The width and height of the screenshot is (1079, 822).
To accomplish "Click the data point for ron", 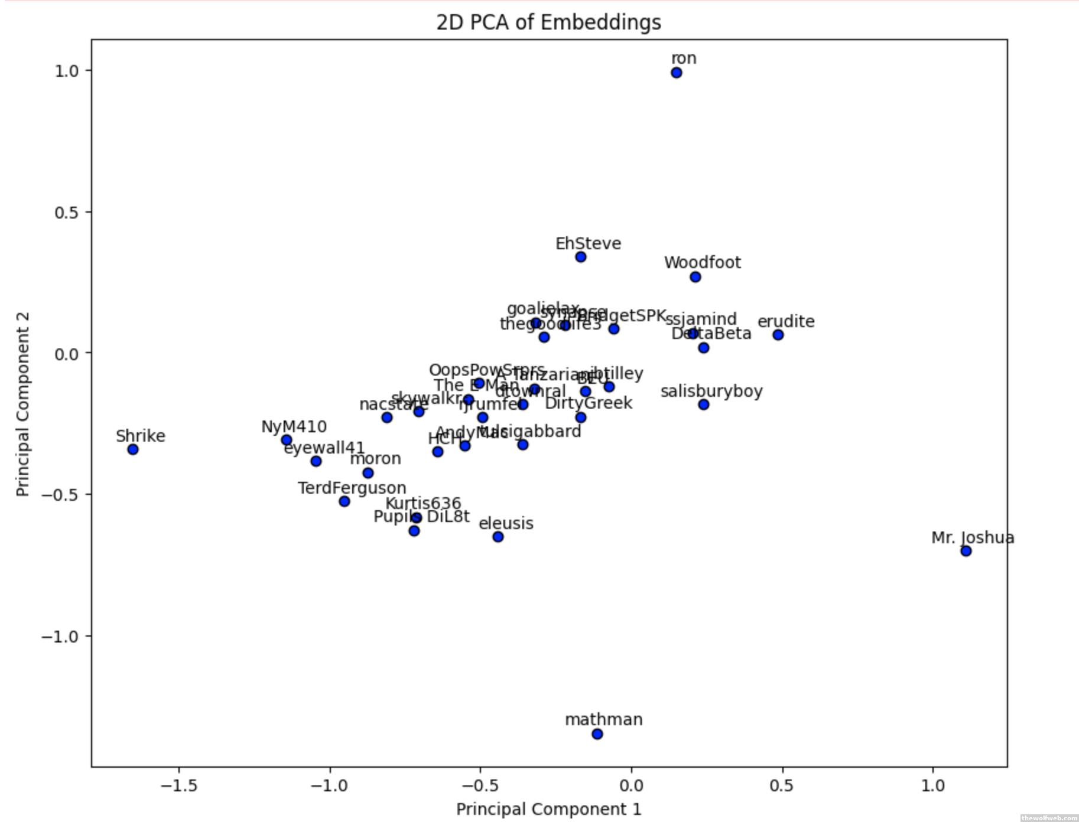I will click(x=676, y=73).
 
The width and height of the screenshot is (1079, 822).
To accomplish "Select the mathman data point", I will click(x=597, y=734).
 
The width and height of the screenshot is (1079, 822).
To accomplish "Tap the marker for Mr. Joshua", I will click(x=966, y=551).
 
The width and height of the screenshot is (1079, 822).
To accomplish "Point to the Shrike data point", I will click(x=133, y=449).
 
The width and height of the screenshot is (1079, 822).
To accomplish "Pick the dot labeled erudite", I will click(x=778, y=335).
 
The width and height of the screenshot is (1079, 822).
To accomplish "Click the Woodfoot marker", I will click(x=695, y=277).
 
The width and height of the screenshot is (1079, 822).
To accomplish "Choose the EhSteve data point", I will click(x=580, y=257).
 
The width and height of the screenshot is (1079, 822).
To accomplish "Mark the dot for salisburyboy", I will click(x=703, y=405).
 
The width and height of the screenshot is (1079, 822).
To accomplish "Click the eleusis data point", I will click(x=498, y=537).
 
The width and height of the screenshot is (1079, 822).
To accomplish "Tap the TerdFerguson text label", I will click(x=352, y=488).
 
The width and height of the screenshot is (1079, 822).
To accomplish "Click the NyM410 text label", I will click(x=294, y=426).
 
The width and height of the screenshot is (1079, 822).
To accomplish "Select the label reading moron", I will click(x=375, y=459).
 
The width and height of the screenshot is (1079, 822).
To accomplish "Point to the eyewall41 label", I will click(x=324, y=448).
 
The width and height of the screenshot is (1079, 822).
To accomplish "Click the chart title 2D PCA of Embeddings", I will click(x=548, y=22).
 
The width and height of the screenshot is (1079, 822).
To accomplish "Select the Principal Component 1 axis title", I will click(x=548, y=809).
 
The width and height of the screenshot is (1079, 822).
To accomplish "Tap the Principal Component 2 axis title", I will click(x=22, y=404).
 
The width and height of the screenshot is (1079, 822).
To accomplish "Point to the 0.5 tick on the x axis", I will click(x=782, y=786).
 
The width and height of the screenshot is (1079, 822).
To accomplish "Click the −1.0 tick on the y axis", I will click(x=59, y=636).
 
